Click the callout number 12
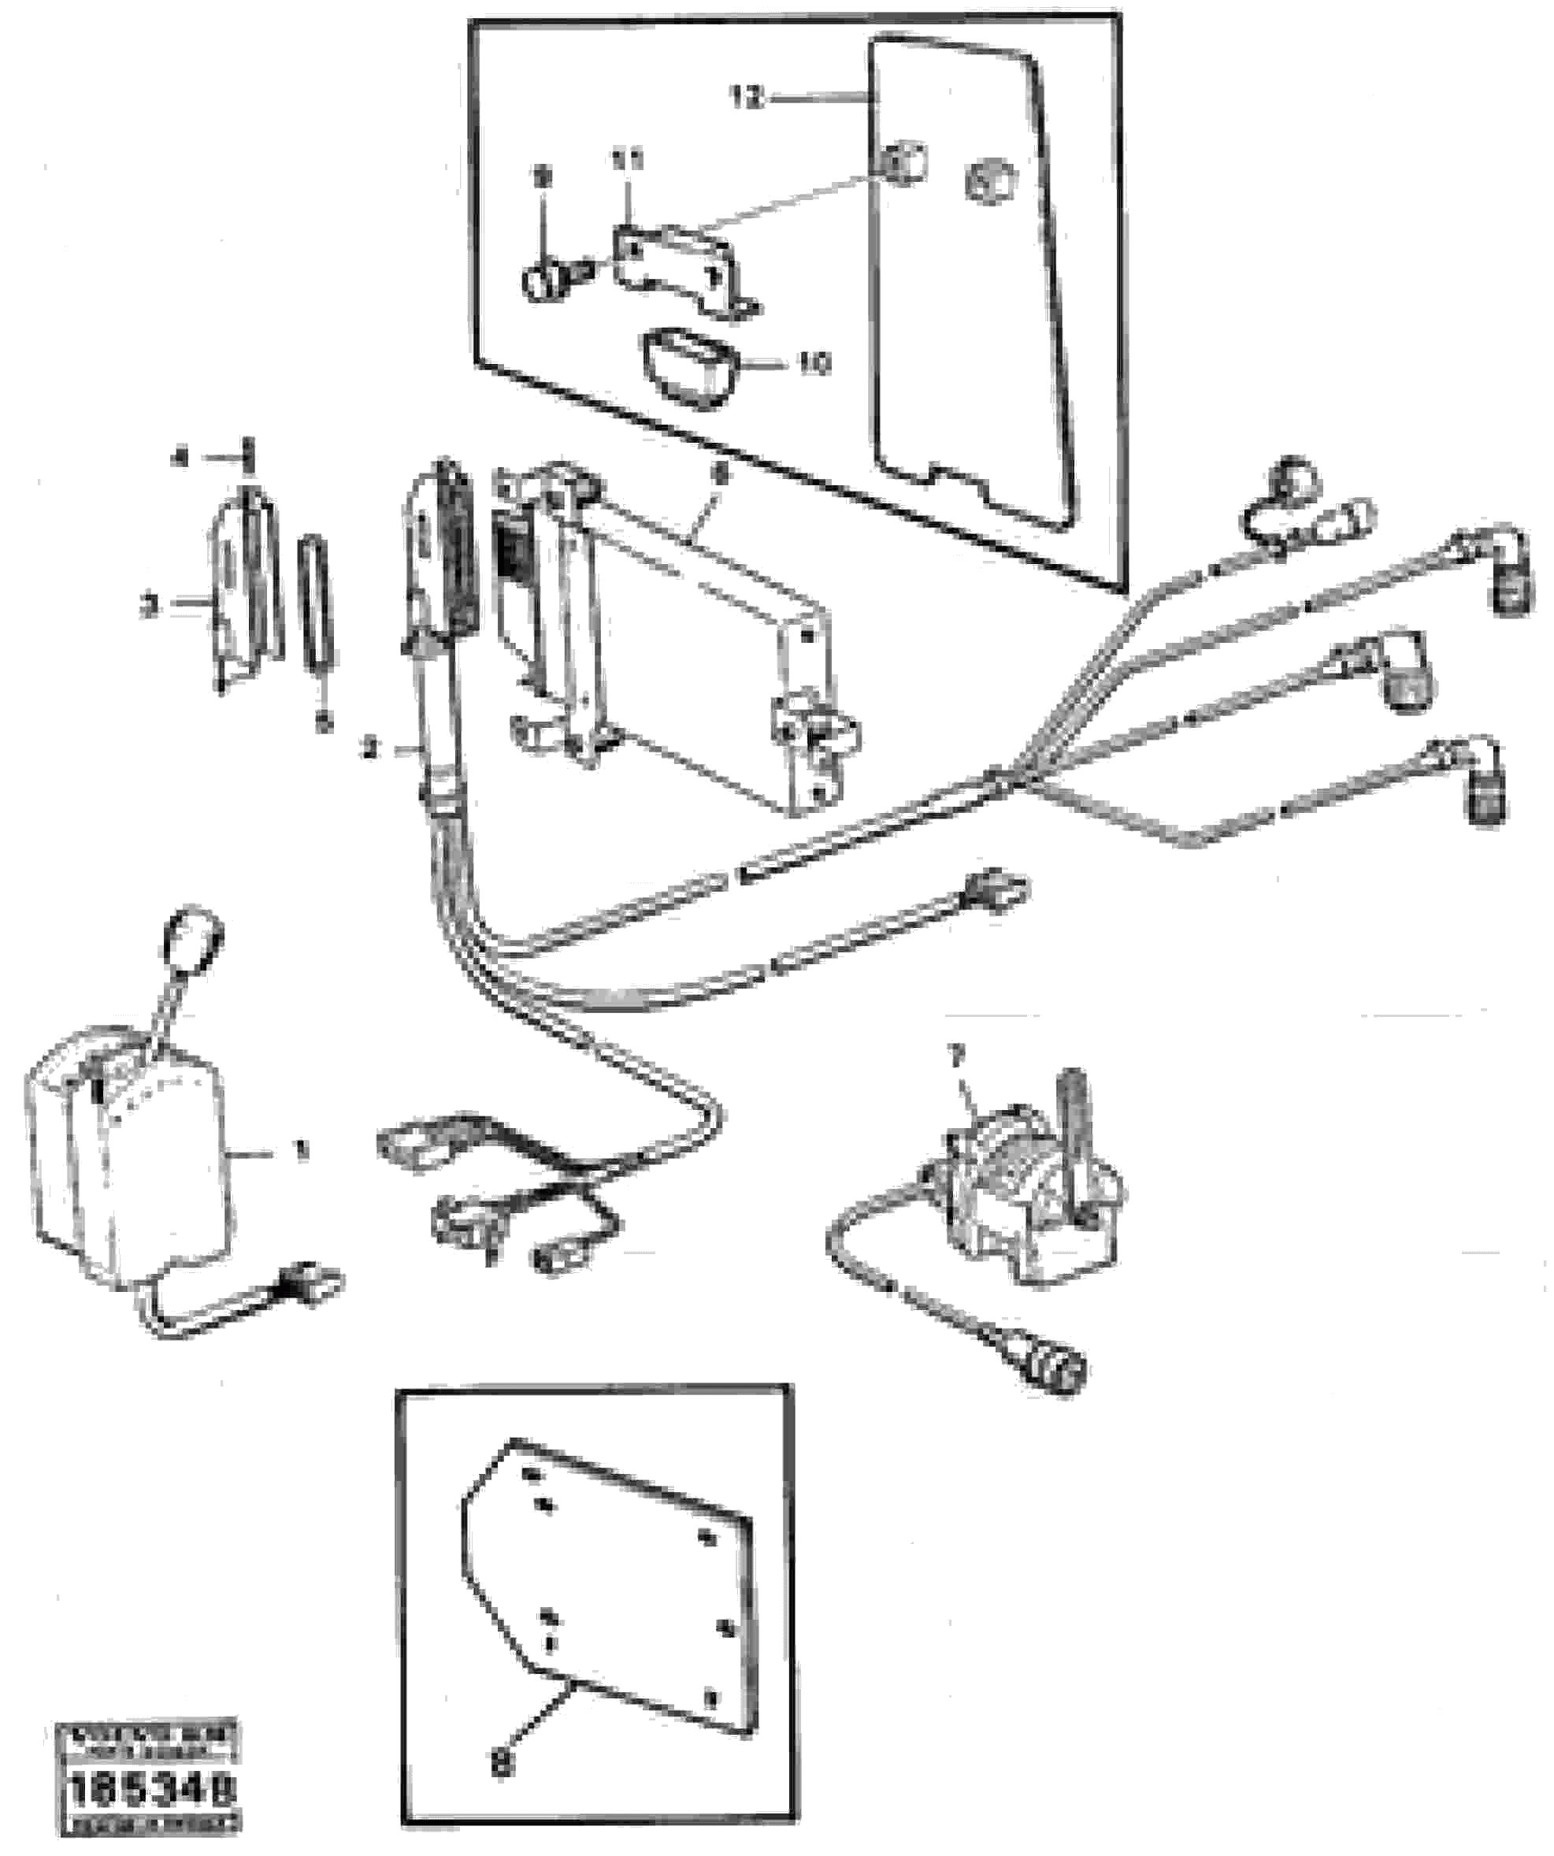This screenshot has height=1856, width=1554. click(x=747, y=97)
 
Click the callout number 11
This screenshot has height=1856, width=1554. click(x=629, y=161)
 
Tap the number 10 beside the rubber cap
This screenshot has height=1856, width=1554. click(x=814, y=363)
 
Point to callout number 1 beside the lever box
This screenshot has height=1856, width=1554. click(x=302, y=1151)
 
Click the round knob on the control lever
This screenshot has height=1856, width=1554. click(x=195, y=938)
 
